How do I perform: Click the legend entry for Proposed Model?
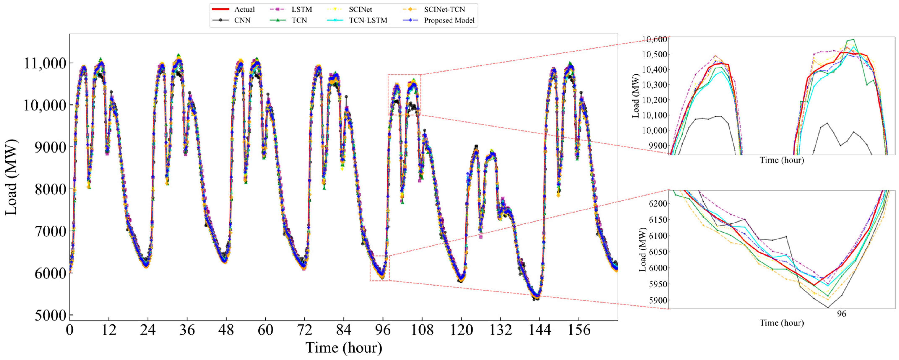point(449,21)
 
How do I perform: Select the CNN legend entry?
point(242,21)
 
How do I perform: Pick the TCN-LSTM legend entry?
point(368,21)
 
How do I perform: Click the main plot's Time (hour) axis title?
point(344,348)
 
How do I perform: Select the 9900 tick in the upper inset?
point(657,146)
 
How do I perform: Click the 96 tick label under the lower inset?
point(841,314)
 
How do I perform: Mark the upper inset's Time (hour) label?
point(782,160)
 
